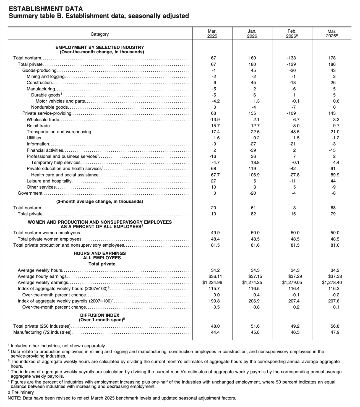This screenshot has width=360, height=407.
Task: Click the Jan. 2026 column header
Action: [252, 34]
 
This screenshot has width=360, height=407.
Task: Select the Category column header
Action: [100, 34]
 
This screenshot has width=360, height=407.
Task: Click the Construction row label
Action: [39, 83]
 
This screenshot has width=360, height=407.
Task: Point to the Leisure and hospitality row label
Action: [49, 181]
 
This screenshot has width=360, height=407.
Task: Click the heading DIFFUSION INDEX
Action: [100, 315]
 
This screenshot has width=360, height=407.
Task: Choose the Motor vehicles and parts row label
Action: [60, 101]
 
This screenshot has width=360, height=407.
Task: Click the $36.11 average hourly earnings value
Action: [215, 276]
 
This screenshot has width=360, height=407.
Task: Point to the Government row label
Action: [30, 193]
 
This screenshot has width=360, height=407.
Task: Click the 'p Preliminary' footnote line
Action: [21, 392]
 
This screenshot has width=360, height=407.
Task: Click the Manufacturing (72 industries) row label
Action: [42, 332]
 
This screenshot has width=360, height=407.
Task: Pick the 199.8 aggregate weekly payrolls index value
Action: [215, 301]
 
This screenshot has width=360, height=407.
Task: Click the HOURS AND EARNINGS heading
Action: [100, 253]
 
